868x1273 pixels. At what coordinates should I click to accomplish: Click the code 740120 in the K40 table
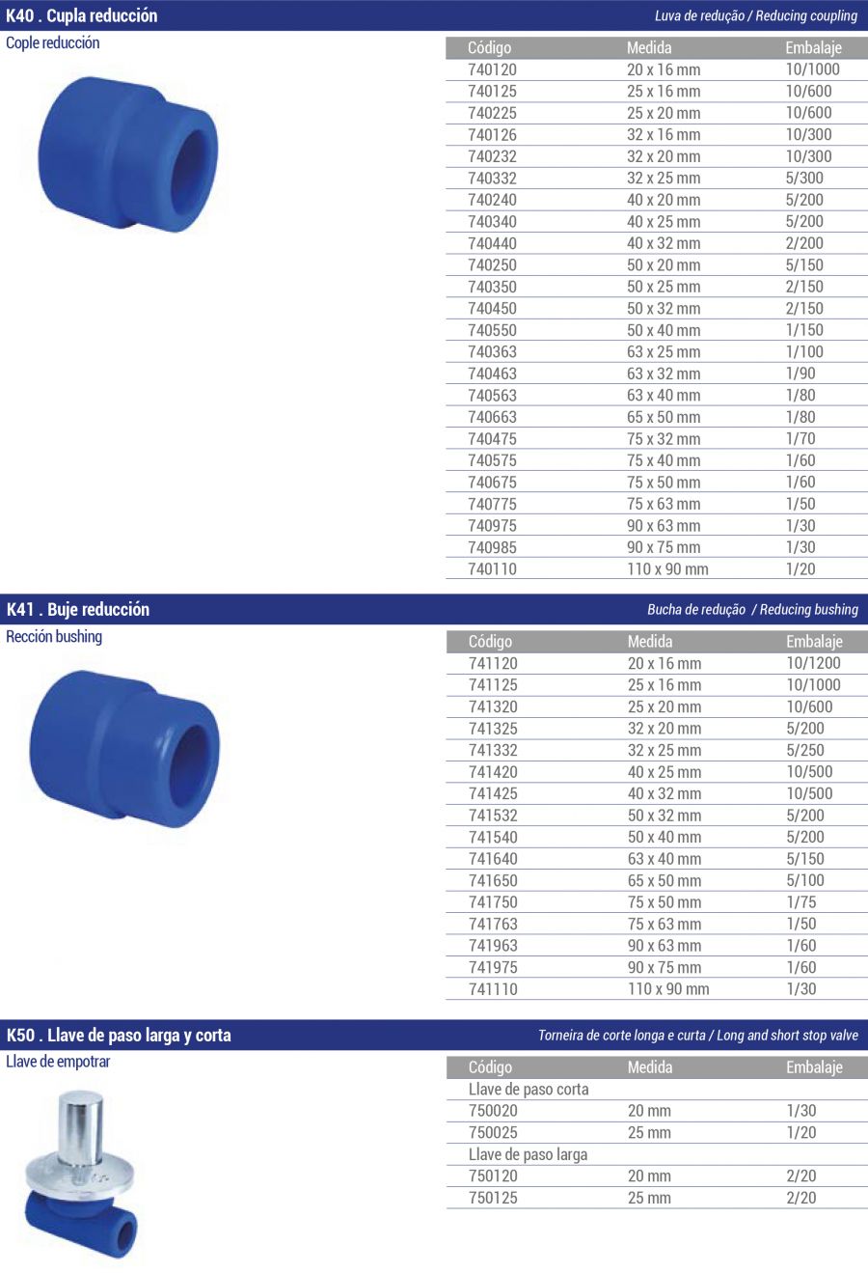492,69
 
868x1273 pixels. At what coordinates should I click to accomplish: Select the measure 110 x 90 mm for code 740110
667,568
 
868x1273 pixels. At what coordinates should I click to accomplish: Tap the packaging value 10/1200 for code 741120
813,663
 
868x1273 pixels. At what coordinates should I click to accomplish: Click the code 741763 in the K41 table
493,924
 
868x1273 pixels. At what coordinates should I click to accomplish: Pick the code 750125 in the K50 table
493,1198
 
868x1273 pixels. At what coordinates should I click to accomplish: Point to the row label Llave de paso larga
528,1155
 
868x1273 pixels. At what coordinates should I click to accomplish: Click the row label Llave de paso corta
529,1090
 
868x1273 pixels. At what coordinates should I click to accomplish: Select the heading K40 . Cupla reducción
82,15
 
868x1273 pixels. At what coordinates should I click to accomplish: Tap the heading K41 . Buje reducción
78,610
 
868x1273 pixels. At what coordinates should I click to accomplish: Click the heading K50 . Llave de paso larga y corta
119,1036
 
